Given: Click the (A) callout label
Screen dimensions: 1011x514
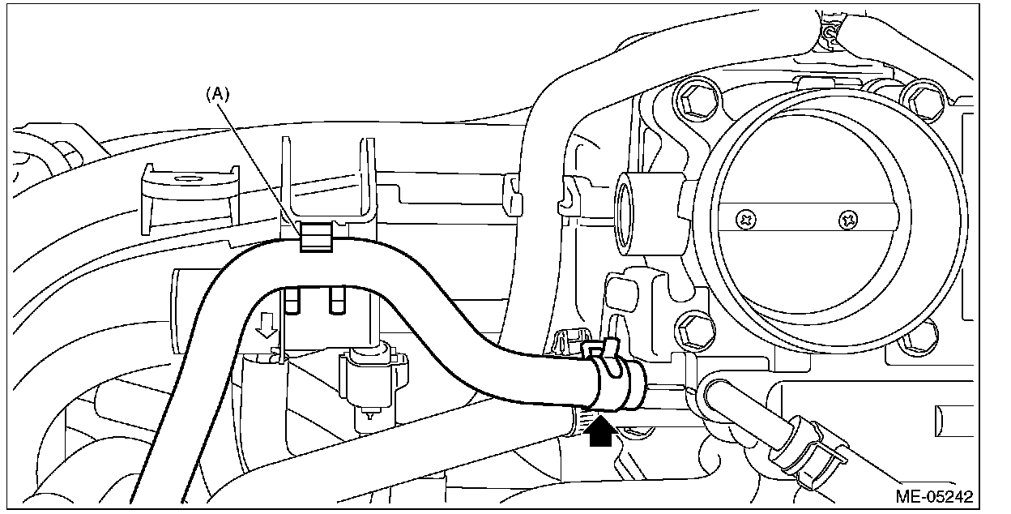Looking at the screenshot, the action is coord(218,94).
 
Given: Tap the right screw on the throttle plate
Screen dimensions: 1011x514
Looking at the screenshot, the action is coord(847,218).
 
